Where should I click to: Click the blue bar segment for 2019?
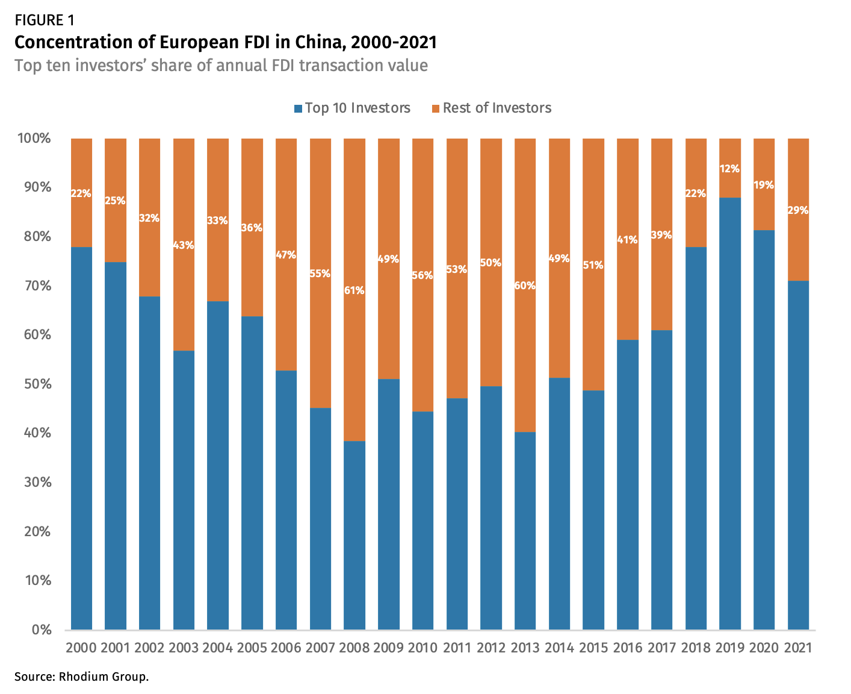[x=730, y=413]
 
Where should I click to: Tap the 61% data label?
[x=354, y=290]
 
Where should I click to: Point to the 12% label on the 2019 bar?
[x=730, y=169]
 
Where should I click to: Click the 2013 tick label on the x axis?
[x=525, y=648]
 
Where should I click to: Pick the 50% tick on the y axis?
[x=37, y=384]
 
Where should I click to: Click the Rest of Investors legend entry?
[x=491, y=108]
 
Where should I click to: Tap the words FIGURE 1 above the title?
[x=45, y=20]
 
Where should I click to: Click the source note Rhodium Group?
[x=81, y=677]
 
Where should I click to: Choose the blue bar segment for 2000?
[x=81, y=438]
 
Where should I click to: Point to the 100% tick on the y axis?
[x=35, y=139]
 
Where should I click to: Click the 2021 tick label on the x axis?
[x=798, y=648]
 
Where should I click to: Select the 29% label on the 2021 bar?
[x=798, y=210]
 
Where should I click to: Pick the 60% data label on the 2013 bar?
[x=525, y=286]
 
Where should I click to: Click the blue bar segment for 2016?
[x=627, y=485]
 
